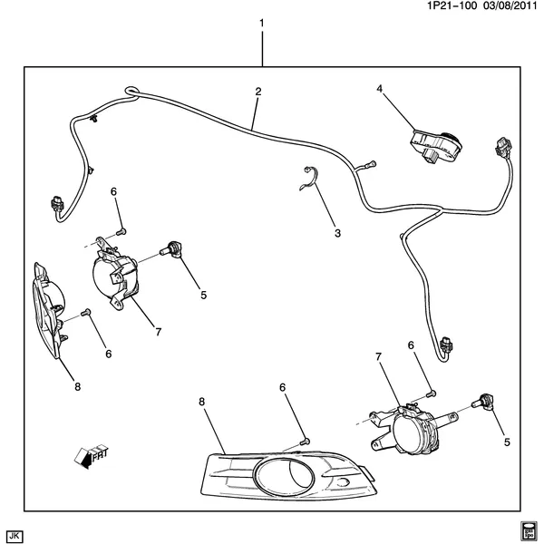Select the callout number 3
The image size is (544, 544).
click(x=336, y=233)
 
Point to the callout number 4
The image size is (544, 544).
click(x=381, y=88)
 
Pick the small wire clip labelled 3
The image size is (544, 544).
click(x=312, y=180)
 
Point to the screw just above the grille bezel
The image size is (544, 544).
click(x=304, y=440)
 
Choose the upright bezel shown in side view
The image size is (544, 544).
click(x=51, y=304)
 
